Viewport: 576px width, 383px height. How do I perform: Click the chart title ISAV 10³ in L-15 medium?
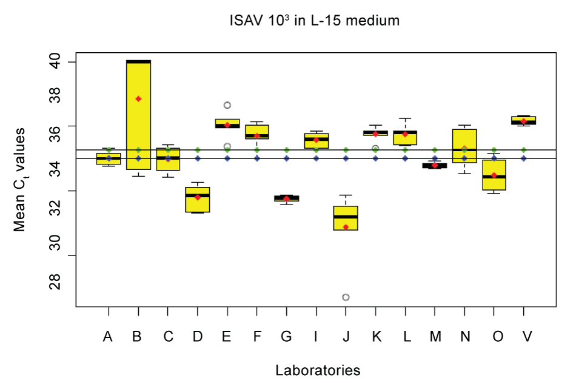point(314,21)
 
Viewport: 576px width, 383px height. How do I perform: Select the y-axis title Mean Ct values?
point(20,180)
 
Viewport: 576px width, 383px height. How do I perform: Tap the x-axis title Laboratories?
point(318,370)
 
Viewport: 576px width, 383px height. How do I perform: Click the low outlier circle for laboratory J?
point(346,297)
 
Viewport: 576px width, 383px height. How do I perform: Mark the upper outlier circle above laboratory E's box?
point(227,105)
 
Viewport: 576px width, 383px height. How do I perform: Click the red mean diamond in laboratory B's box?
point(138,99)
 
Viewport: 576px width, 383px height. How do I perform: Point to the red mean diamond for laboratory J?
point(346,227)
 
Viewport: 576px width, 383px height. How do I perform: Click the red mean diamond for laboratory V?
point(524,121)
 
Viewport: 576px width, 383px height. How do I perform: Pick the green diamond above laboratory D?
point(198,149)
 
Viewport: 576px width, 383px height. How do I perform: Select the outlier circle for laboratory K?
point(375,148)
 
